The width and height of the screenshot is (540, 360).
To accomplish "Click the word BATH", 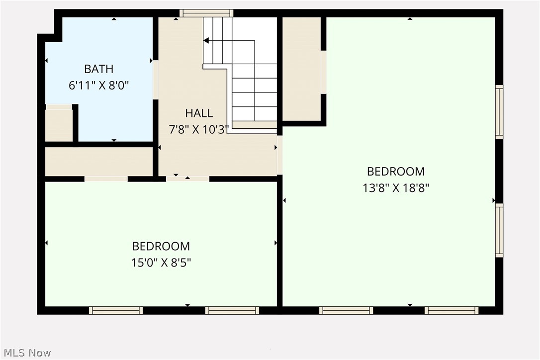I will tap(98, 69).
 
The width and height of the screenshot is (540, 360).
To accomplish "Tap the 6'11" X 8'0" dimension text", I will tap(98, 85).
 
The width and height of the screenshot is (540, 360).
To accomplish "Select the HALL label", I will tap(199, 113).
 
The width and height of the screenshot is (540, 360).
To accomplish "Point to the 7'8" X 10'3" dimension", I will tap(199, 129).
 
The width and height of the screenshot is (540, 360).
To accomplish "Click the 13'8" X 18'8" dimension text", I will tap(396, 188).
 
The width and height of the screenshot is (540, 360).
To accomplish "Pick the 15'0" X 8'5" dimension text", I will tap(161, 262).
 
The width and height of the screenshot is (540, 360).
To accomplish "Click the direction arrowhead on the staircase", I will tap(206, 40).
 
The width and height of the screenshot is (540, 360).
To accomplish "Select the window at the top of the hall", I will tap(206, 13).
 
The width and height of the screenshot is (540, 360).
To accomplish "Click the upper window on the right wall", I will tap(499, 111).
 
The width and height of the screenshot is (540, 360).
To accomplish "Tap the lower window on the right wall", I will tap(499, 230).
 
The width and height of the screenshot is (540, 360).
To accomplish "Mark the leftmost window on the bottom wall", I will tap(116, 310).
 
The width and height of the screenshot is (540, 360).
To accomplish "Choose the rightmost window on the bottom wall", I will tap(451, 310).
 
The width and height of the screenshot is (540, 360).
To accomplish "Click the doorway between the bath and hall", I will tap(156, 80).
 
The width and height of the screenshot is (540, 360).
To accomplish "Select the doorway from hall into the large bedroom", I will tap(279, 155).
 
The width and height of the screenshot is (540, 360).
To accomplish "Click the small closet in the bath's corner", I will tap(59, 124).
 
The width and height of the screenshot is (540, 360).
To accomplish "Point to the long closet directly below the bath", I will tap(98, 162).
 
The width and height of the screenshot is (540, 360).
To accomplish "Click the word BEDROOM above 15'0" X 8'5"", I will tap(161, 246).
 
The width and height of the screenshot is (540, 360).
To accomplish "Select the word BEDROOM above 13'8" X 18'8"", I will tap(396, 172).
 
